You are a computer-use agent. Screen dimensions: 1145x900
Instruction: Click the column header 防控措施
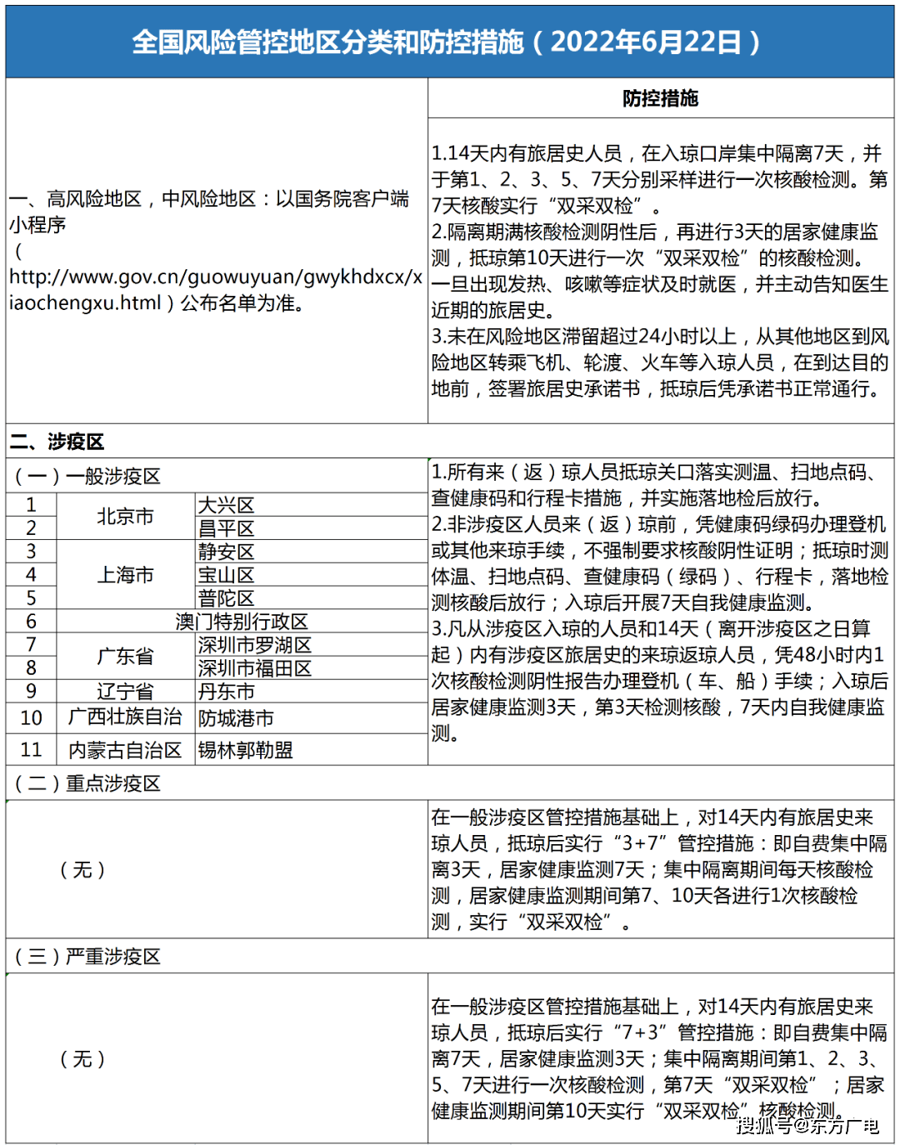point(660,98)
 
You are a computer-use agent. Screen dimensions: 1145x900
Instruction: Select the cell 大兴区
point(227,505)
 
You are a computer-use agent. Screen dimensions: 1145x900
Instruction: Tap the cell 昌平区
point(227,528)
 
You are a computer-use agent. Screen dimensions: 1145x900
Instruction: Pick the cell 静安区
point(227,552)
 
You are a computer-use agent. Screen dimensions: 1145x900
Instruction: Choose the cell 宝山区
point(227,575)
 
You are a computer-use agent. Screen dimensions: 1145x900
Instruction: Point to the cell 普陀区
point(227,598)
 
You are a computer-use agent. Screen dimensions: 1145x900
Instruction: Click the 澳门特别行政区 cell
point(242,622)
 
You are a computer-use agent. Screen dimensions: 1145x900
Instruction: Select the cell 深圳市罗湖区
point(255,645)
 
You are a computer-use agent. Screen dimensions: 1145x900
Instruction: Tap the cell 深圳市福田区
point(255,668)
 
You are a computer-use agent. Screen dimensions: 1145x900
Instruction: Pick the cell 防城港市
point(236,717)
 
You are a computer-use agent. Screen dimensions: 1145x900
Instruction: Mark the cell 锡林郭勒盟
point(246,750)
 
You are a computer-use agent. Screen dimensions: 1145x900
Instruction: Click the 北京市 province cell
point(126,517)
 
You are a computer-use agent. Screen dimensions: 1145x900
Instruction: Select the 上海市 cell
point(126,575)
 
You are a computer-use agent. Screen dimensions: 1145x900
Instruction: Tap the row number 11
point(31,750)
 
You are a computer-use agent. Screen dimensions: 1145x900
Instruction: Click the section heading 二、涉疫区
point(57,442)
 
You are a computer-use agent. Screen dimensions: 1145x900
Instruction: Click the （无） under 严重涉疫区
point(82,1059)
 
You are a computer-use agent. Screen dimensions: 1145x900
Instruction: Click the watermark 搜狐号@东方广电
point(807,1126)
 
